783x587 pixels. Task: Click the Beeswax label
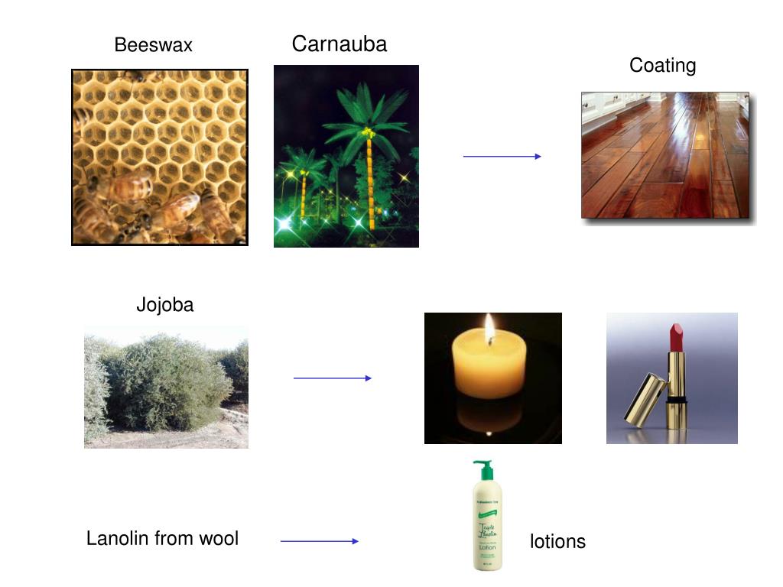[153, 45]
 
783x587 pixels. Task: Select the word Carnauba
[340, 44]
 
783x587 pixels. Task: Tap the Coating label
[662, 66]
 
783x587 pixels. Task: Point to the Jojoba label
[164, 305]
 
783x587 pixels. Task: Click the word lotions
[557, 542]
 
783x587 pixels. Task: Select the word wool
[219, 539]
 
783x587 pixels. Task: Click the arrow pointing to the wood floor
[502, 156]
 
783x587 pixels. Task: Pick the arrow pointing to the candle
[332, 378]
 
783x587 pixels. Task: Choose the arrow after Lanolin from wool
[319, 541]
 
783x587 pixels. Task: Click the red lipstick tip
[677, 336]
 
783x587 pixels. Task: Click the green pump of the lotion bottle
[482, 467]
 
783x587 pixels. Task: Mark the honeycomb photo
[159, 157]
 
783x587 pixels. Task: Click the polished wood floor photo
[664, 155]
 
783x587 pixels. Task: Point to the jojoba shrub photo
[166, 387]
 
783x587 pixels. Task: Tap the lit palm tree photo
[346, 156]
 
